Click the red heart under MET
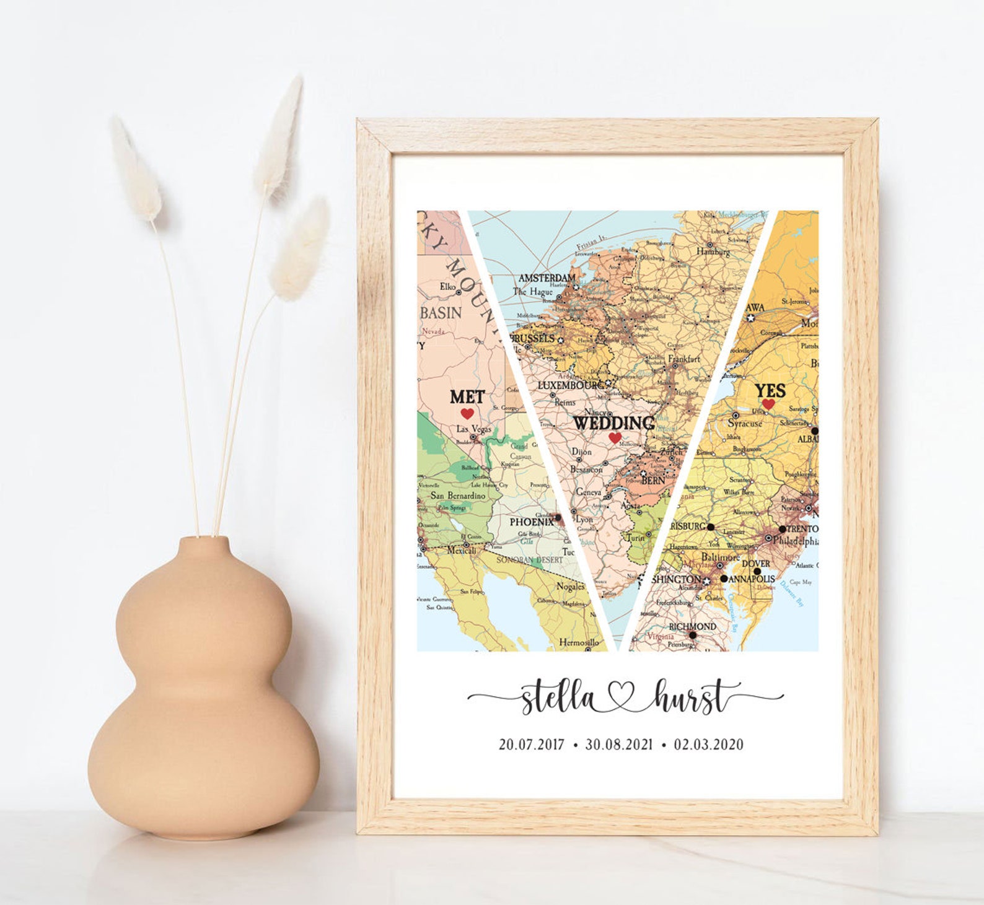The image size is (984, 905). click(467, 413)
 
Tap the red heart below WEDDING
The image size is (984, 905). click(615, 438)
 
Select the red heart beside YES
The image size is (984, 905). click(768, 404)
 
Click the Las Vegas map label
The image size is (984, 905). click(474, 429)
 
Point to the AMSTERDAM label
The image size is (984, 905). click(547, 278)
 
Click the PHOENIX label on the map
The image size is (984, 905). click(531, 522)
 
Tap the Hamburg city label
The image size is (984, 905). click(713, 251)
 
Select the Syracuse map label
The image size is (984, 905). click(745, 424)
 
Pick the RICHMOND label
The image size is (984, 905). click(693, 626)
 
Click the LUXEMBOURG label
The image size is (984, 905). click(570, 385)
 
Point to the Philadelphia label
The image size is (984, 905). click(795, 541)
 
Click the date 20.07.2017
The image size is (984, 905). click(532, 744)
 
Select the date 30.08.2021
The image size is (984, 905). click(619, 744)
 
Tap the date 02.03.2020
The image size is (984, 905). click(708, 744)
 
